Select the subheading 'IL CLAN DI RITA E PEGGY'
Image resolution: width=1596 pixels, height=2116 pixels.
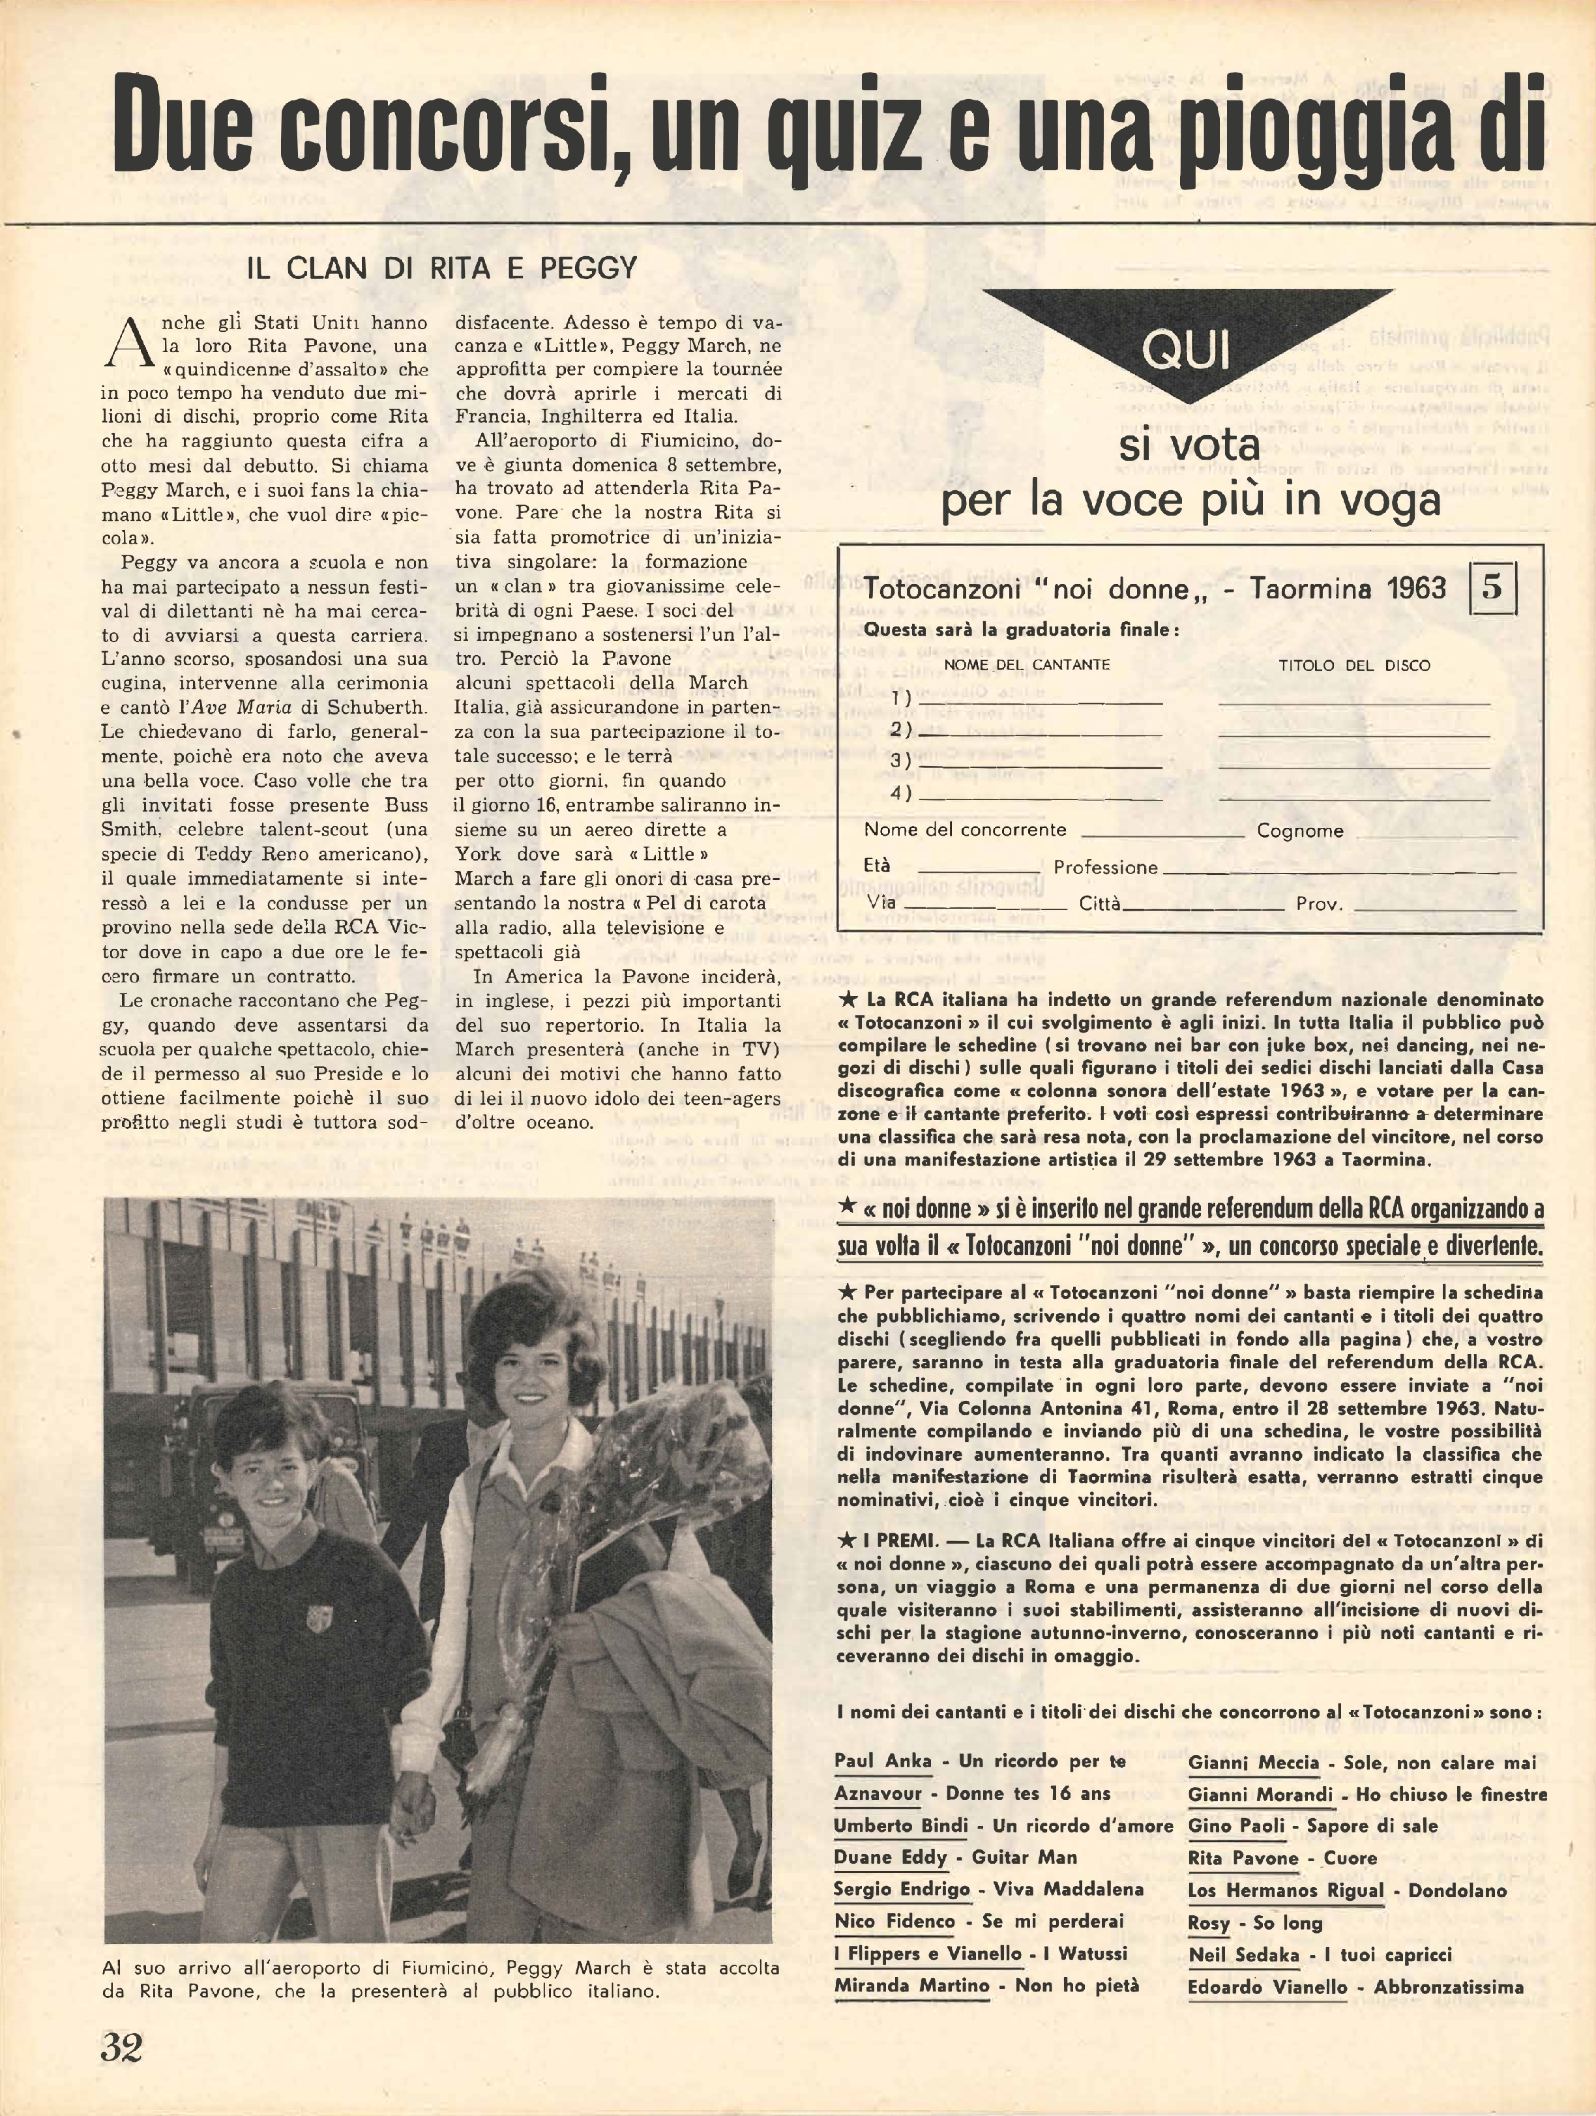pyautogui.click(x=441, y=269)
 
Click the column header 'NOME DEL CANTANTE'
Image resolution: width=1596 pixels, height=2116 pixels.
pyautogui.click(x=1027, y=665)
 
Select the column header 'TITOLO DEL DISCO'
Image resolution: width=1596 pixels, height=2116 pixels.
pyautogui.click(x=1355, y=665)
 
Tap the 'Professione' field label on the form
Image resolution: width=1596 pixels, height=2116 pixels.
pyautogui.click(x=1105, y=868)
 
